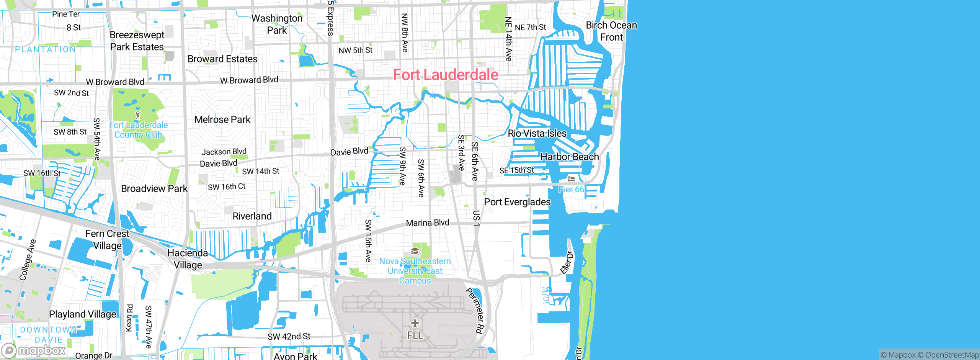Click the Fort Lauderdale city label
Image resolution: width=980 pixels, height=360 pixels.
(446, 75)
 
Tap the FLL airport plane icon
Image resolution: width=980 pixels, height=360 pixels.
(415, 324)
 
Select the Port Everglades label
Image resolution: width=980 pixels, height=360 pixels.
(517, 202)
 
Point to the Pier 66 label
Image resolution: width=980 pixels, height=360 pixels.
(571, 189)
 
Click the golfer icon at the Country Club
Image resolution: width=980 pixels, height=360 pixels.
(138, 115)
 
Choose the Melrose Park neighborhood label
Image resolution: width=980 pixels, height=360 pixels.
(222, 119)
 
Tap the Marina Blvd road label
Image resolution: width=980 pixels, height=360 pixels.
(428, 223)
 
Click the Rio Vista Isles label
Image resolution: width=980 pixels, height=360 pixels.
(537, 133)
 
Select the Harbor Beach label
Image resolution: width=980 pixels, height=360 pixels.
(570, 157)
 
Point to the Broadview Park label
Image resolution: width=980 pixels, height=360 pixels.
(154, 188)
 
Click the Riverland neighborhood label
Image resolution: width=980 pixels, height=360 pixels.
(252, 216)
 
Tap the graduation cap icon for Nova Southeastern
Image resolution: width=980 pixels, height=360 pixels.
(415, 251)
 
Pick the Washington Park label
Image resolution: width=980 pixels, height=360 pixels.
(277, 24)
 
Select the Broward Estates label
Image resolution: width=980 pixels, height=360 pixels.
(222, 59)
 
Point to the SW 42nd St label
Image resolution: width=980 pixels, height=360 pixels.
(289, 337)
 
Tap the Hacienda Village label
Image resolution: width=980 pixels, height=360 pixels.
(188, 259)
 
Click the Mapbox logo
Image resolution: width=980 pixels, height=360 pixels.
(34, 350)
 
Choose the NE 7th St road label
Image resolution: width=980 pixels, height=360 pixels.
(531, 27)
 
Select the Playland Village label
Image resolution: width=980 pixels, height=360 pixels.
(82, 314)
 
